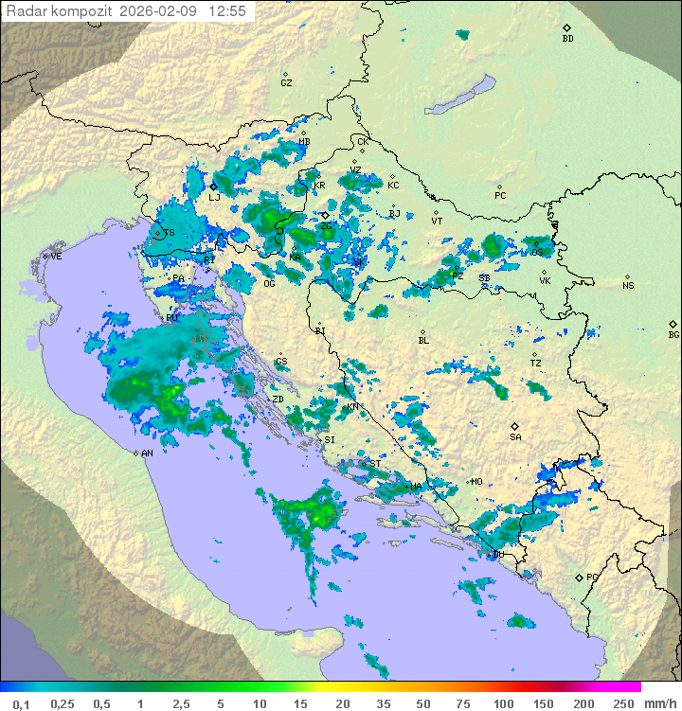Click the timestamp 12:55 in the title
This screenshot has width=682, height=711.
228,11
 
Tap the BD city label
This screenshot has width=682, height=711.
567,39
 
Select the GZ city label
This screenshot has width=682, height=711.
286,82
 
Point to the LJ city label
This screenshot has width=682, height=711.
214,197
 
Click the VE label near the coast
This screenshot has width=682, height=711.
56,257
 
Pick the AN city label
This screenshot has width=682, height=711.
147,453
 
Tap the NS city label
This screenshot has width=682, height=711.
628,286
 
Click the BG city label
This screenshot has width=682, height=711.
673,334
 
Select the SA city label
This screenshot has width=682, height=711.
515,436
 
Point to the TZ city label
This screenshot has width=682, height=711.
535,363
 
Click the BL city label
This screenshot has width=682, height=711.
423,340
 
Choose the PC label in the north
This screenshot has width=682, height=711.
500,196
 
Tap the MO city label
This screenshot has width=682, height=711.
476,482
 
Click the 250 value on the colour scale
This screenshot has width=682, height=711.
622,703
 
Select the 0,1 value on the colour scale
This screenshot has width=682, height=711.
21,703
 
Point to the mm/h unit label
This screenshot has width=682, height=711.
658,703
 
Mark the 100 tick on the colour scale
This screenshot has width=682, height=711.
503,703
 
